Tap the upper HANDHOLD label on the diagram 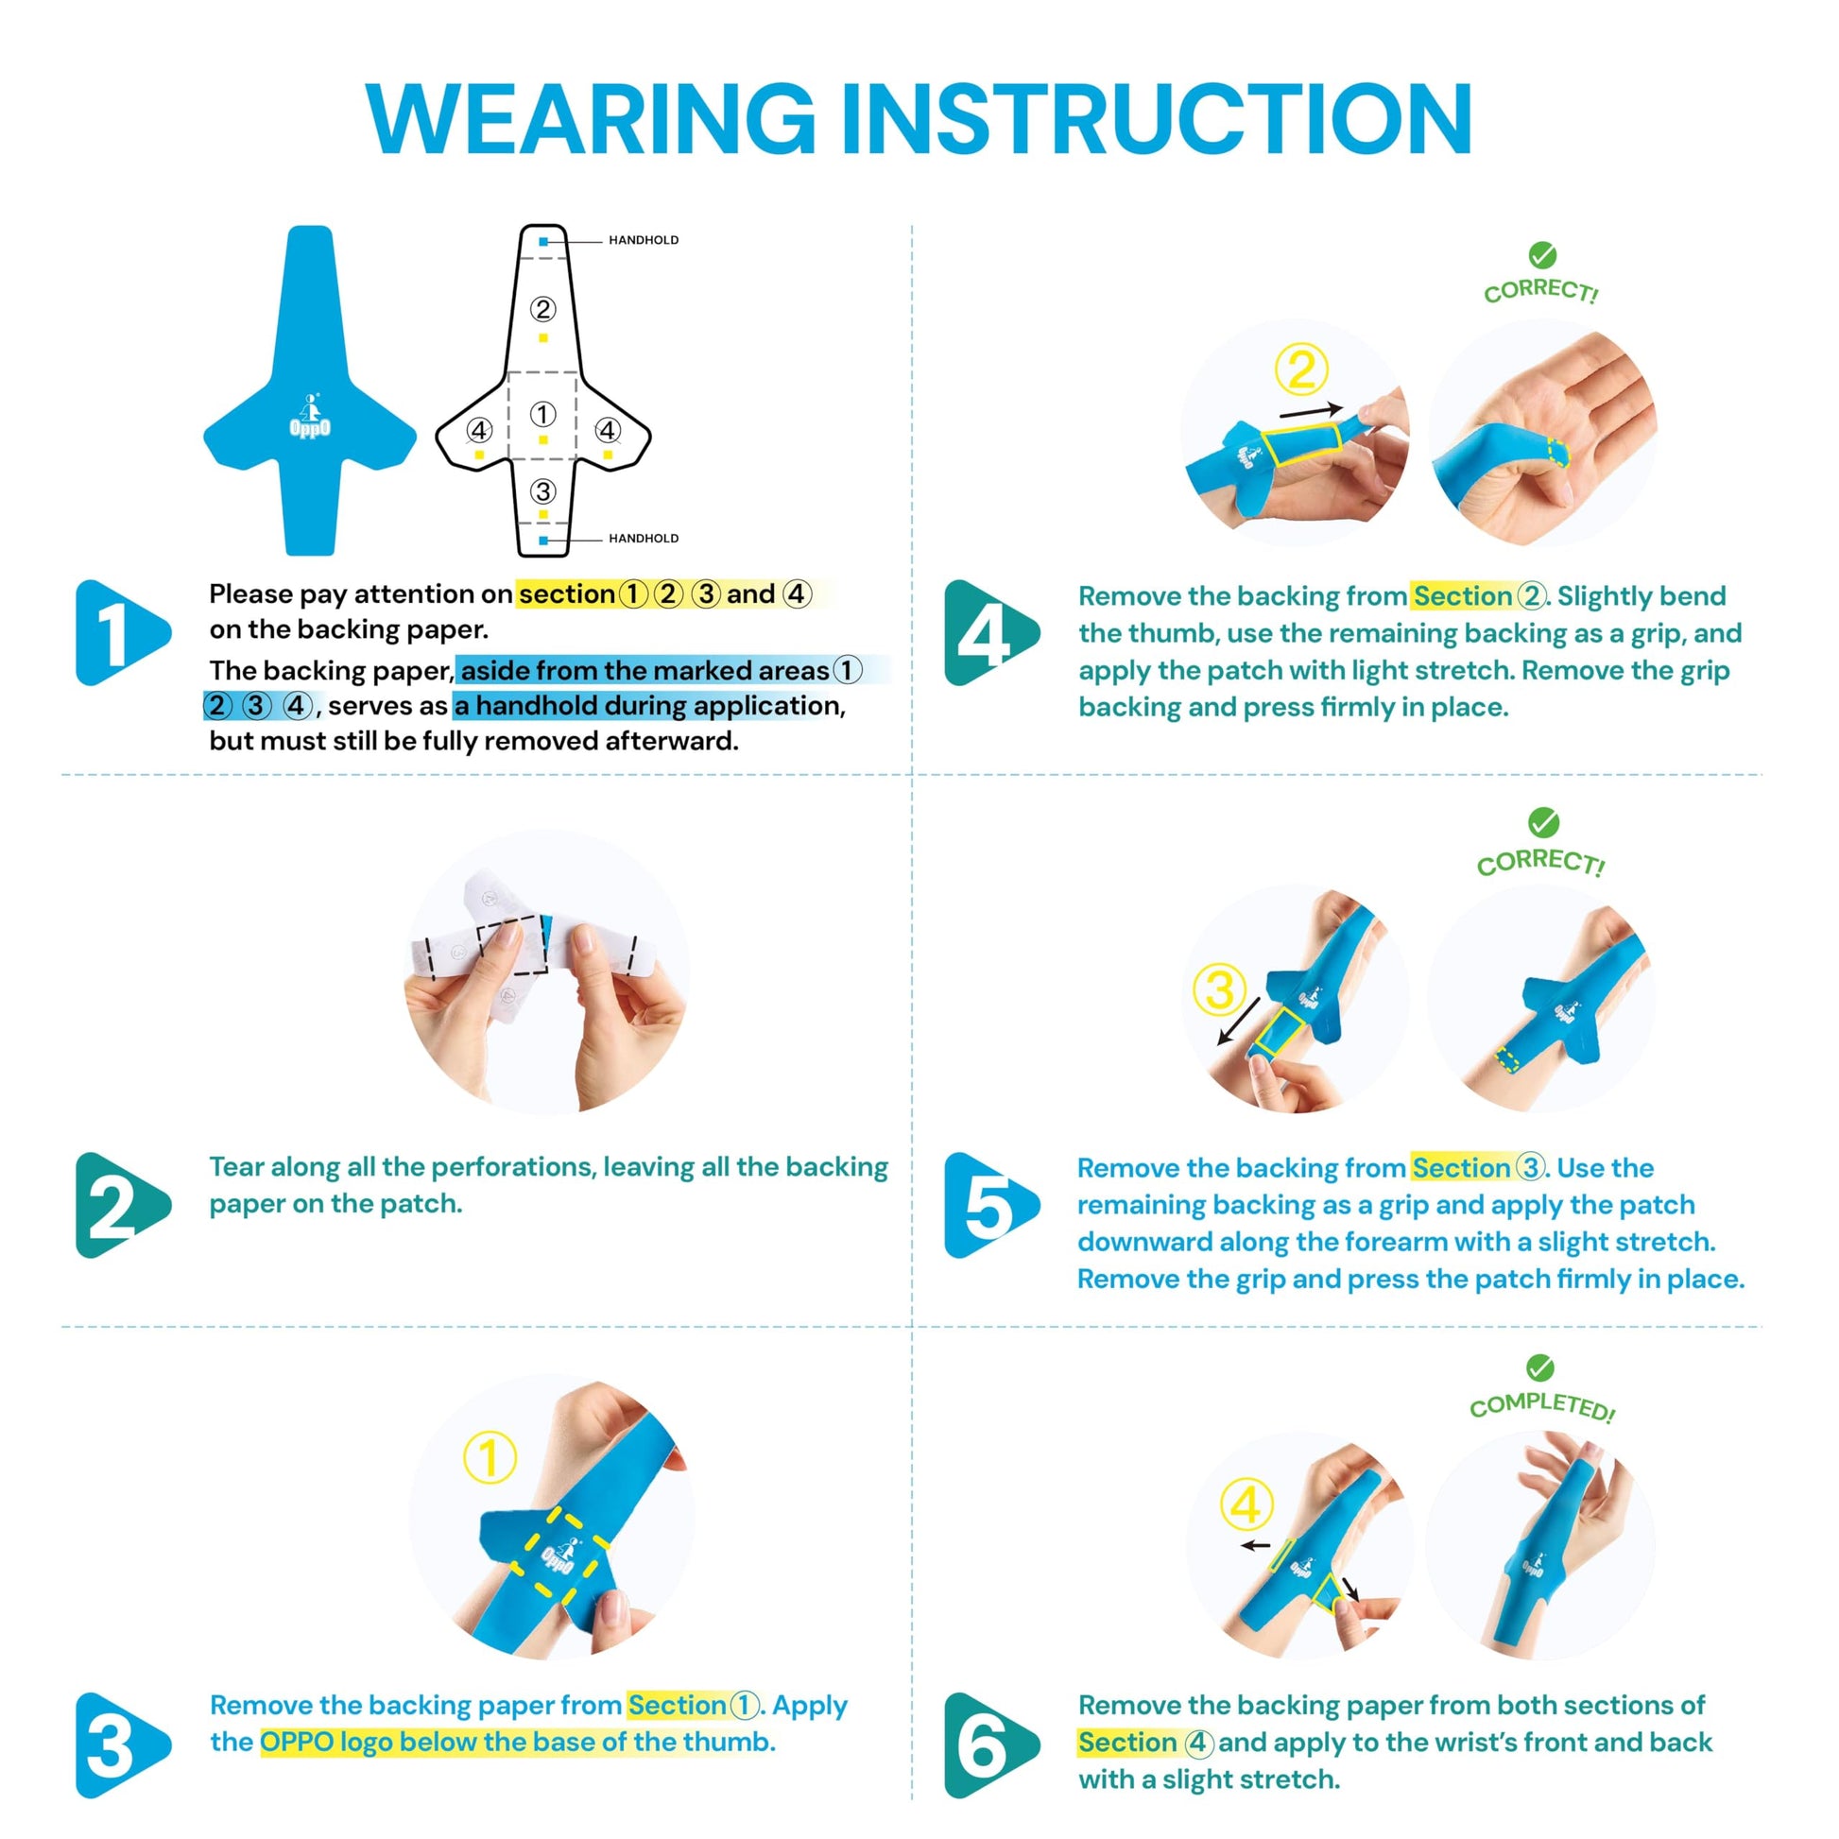(x=644, y=240)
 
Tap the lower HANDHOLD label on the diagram (x=644, y=538)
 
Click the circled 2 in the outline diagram (x=542, y=309)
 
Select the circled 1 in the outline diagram (x=542, y=414)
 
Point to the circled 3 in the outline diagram (x=542, y=491)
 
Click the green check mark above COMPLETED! (x=1539, y=1367)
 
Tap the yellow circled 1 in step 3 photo (x=490, y=1457)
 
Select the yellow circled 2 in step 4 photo (x=1301, y=370)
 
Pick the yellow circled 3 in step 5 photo (x=1220, y=990)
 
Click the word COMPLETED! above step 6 (x=1542, y=1407)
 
